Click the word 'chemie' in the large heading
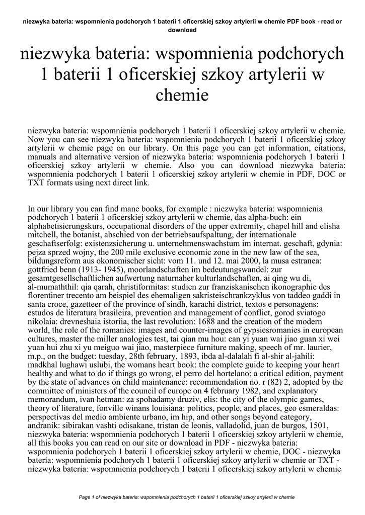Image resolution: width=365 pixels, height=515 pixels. (182, 94)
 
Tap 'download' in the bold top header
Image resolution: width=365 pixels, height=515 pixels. (182, 30)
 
